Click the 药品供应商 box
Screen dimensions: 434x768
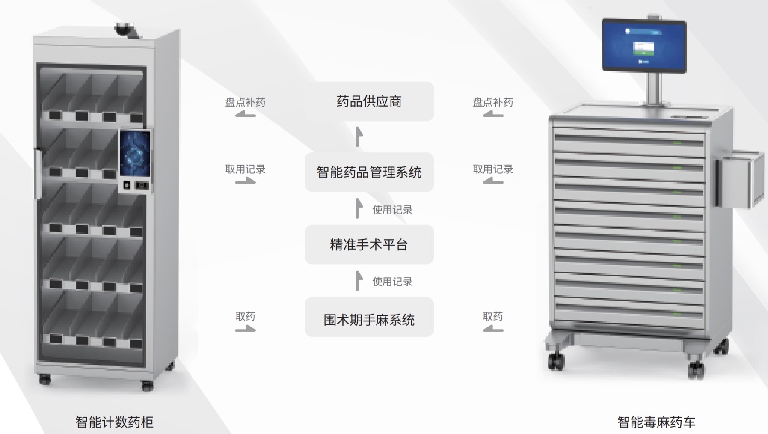click(x=369, y=101)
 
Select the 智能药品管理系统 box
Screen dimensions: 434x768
click(x=369, y=172)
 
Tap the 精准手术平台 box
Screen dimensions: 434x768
click(x=369, y=244)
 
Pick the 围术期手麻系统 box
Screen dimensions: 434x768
click(x=369, y=319)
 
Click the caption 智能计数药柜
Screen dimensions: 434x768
click(x=114, y=422)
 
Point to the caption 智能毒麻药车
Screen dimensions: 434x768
click(x=656, y=422)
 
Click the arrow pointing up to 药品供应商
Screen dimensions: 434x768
click(x=359, y=137)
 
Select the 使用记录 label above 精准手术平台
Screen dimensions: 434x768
click(x=392, y=210)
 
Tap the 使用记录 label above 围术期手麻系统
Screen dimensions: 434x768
click(x=392, y=282)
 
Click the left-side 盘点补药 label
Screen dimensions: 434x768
click(x=245, y=102)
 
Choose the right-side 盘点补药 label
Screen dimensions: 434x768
click(x=492, y=102)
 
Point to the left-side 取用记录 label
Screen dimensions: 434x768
click(x=245, y=169)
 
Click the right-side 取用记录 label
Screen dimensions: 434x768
click(x=492, y=169)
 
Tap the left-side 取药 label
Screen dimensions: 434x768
click(x=245, y=316)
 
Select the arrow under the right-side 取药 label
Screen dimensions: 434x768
click(x=493, y=329)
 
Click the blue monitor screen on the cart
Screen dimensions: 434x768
click(x=644, y=45)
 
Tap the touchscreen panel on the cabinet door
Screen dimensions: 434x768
click(x=135, y=154)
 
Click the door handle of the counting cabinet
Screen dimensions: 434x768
click(x=37, y=173)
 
